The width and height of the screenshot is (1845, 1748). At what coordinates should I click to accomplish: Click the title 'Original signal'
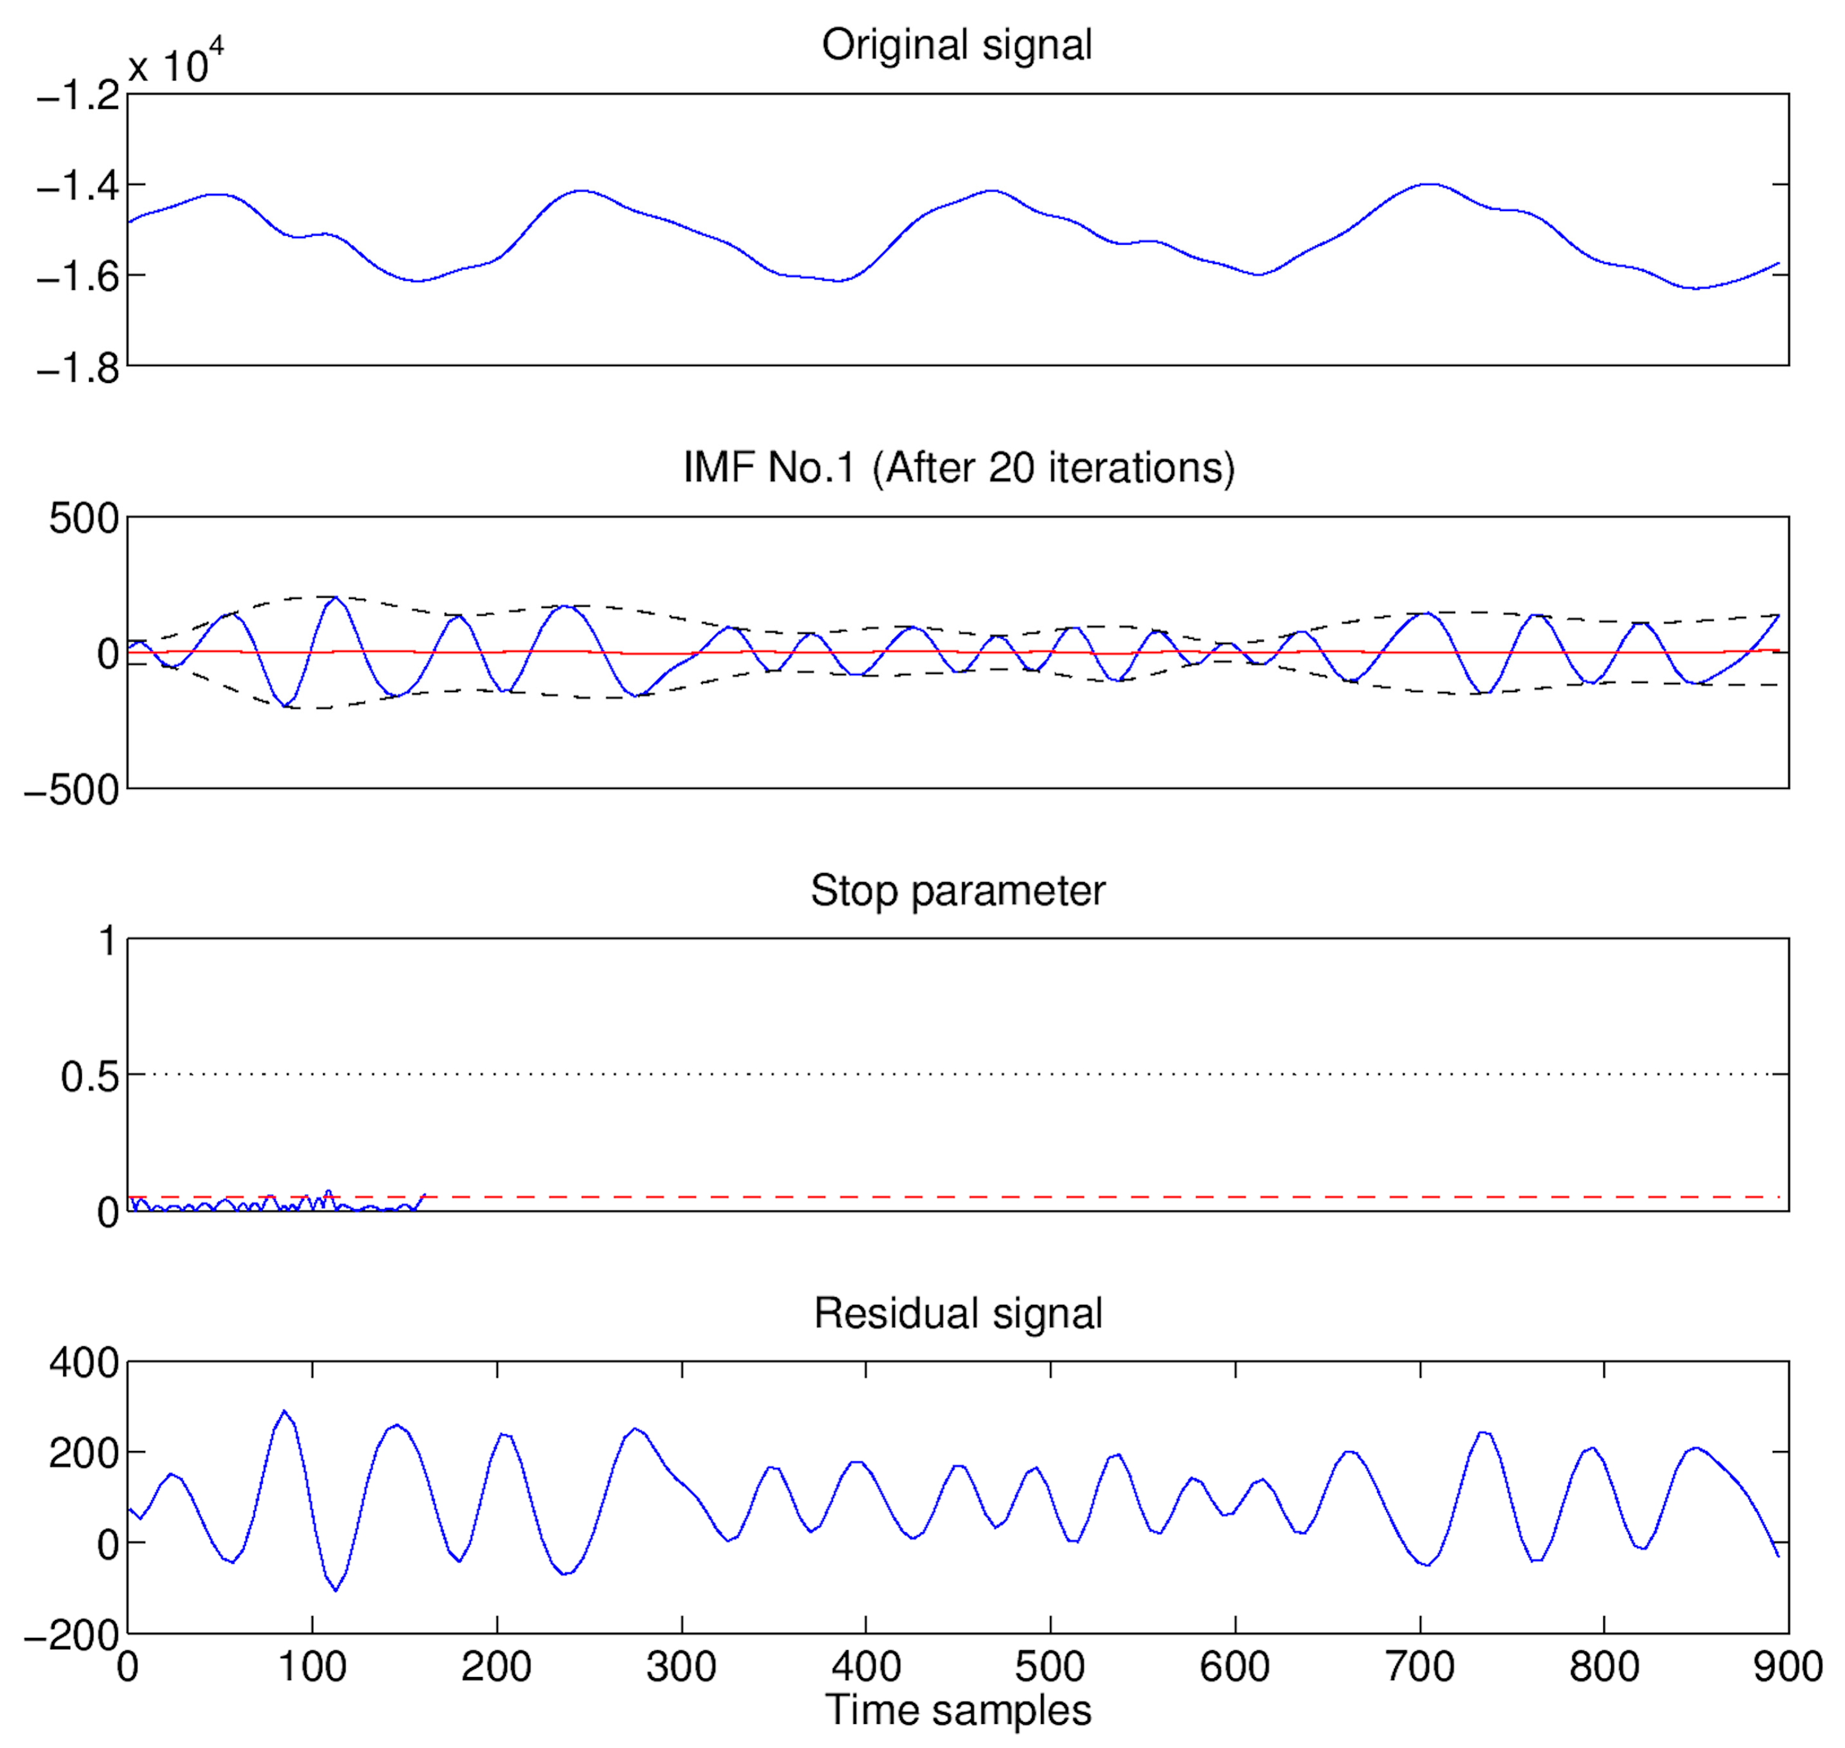point(957,44)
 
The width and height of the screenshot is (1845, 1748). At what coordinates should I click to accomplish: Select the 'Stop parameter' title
point(957,890)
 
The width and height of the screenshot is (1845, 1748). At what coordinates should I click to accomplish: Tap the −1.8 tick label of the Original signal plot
point(78,369)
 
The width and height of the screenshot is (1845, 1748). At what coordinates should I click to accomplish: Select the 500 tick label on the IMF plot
point(84,518)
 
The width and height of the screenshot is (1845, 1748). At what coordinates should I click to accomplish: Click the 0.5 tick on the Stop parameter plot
point(90,1077)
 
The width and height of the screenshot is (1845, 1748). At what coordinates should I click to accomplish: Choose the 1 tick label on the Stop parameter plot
point(109,941)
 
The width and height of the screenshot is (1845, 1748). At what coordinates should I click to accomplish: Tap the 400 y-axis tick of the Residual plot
point(84,1363)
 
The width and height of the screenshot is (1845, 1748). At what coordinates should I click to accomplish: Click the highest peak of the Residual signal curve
point(284,1412)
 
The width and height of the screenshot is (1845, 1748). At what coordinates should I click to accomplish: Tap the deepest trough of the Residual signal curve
point(336,1590)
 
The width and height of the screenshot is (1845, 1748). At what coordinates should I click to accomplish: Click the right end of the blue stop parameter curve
point(425,1195)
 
